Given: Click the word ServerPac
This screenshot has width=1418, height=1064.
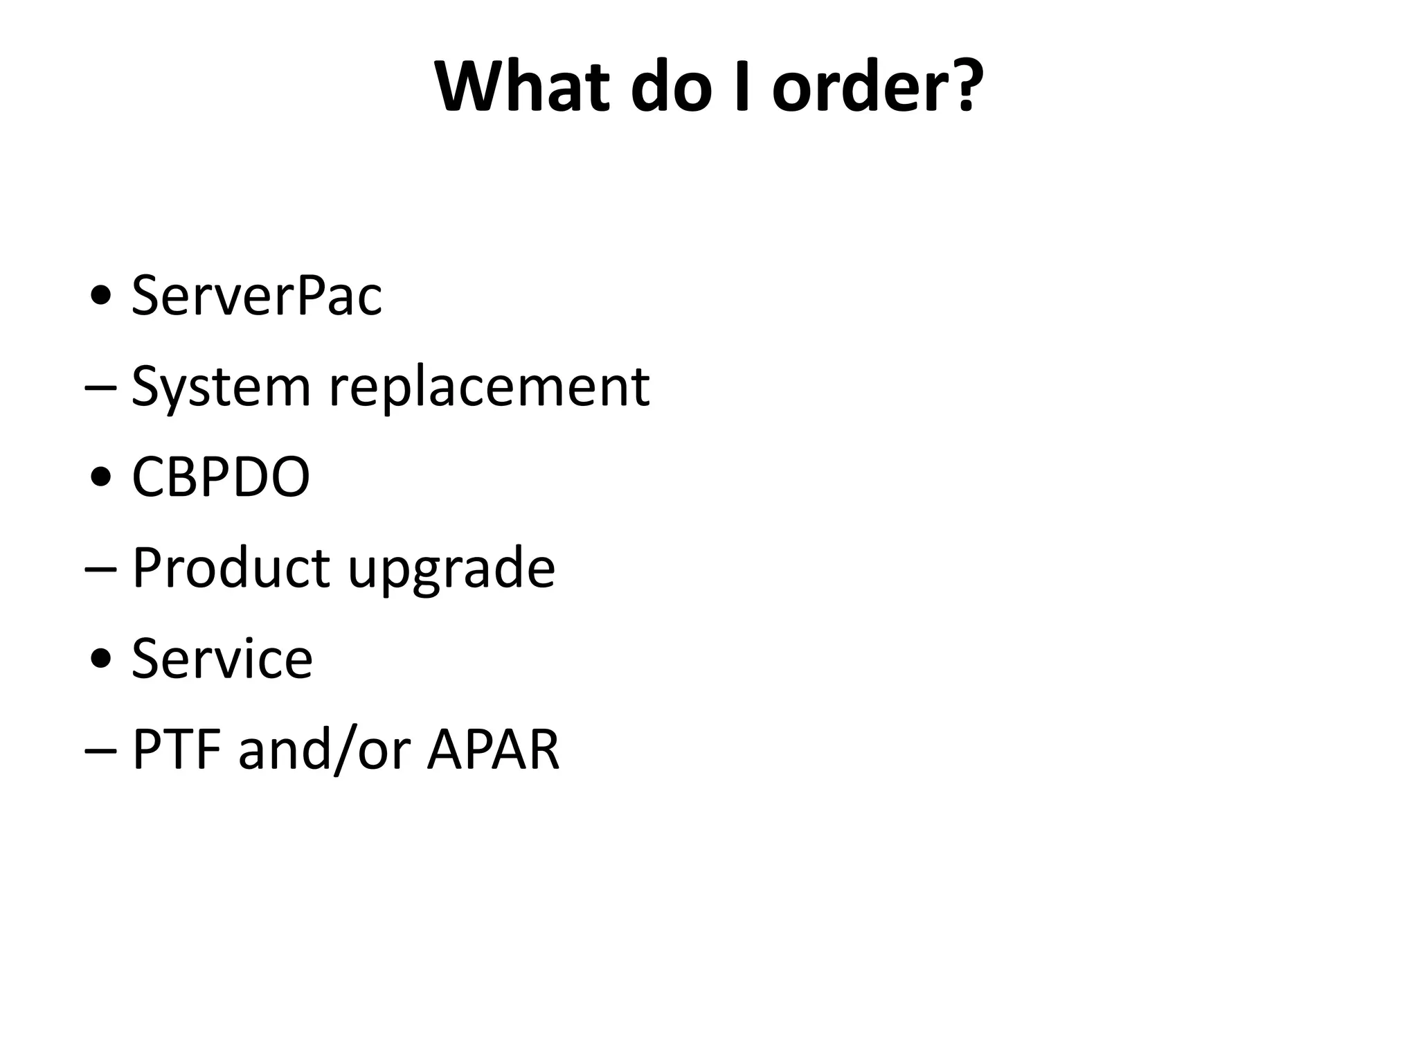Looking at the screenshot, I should tap(256, 296).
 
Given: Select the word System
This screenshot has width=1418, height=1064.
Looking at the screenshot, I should tap(221, 387).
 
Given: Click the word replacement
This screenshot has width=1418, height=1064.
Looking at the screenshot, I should tap(489, 387).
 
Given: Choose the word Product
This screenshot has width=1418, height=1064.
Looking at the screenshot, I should tap(231, 568).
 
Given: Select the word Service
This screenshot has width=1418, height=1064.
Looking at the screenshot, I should tap(222, 658).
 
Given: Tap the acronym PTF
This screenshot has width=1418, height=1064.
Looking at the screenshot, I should tap(177, 749).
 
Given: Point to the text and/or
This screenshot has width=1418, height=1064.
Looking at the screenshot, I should tap(325, 749).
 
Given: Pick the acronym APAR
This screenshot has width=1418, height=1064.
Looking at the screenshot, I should tap(493, 749).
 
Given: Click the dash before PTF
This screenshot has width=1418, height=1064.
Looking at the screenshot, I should tap(99, 750).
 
